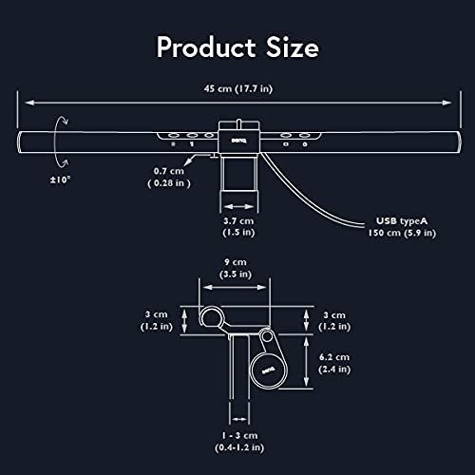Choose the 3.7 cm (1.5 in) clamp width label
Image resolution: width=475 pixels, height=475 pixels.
tap(237, 224)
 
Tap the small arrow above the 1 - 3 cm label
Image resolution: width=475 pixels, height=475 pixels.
tap(238, 414)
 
